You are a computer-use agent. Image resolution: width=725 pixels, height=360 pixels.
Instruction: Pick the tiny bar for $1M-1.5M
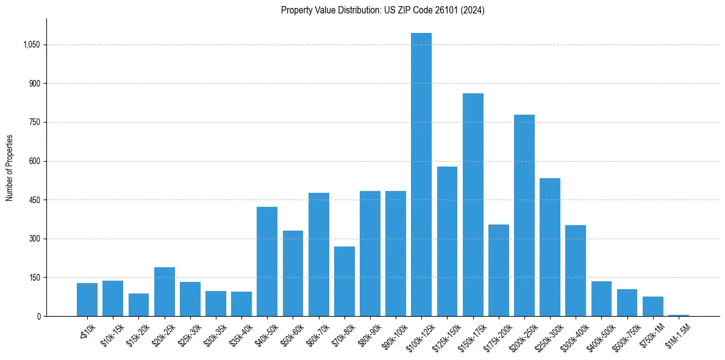[679, 315]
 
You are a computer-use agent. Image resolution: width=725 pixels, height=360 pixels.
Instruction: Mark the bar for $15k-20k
[138, 305]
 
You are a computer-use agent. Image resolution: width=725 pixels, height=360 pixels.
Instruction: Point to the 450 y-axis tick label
[35, 200]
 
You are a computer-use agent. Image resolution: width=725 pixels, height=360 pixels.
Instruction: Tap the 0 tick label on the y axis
[38, 316]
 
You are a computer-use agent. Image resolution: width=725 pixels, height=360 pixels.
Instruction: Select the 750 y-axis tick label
[35, 122]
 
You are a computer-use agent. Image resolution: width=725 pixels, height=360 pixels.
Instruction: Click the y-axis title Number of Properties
[9, 168]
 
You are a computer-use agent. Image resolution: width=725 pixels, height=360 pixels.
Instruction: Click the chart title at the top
[382, 10]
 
